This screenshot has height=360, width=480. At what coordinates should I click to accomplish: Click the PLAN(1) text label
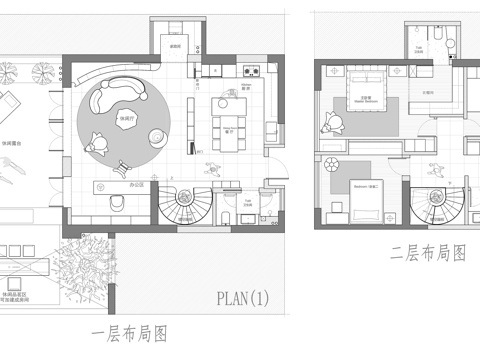point(243,297)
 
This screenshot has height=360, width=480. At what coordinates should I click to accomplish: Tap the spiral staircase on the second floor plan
point(437,201)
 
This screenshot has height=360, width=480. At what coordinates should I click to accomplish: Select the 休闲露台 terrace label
point(15,143)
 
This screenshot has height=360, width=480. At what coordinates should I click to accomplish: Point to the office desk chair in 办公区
point(117,202)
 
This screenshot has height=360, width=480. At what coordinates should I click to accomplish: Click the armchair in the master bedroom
point(331,123)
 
